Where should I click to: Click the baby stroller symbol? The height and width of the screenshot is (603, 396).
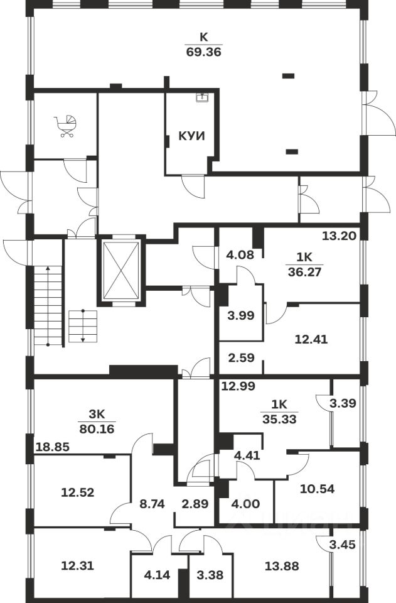(66, 126)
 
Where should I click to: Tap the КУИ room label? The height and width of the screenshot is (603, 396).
(192, 136)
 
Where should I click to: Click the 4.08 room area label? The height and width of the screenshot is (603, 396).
(238, 255)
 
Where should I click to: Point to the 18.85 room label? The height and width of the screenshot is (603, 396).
(52, 447)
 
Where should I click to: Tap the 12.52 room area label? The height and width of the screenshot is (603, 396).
(78, 492)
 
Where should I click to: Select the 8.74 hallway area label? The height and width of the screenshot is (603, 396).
(151, 504)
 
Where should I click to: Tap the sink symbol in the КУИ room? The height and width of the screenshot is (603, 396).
(202, 97)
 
